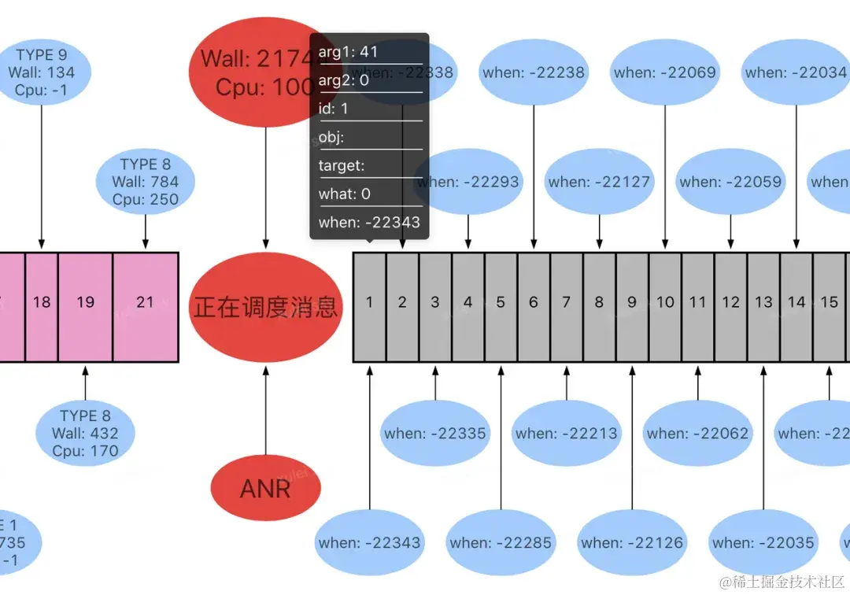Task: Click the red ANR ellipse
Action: point(265,489)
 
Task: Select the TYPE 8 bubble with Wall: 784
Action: point(146,182)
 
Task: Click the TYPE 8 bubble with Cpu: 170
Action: point(85,433)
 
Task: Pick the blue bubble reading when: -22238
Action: point(534,72)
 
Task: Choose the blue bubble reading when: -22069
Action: point(665,72)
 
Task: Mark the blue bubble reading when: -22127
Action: point(600,182)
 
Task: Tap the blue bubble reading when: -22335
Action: point(435,433)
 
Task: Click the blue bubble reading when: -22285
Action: point(501,542)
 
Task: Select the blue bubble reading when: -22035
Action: point(763,542)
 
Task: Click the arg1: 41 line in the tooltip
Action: point(349,52)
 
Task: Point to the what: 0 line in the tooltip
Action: point(345,194)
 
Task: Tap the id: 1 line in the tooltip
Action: point(334,109)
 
